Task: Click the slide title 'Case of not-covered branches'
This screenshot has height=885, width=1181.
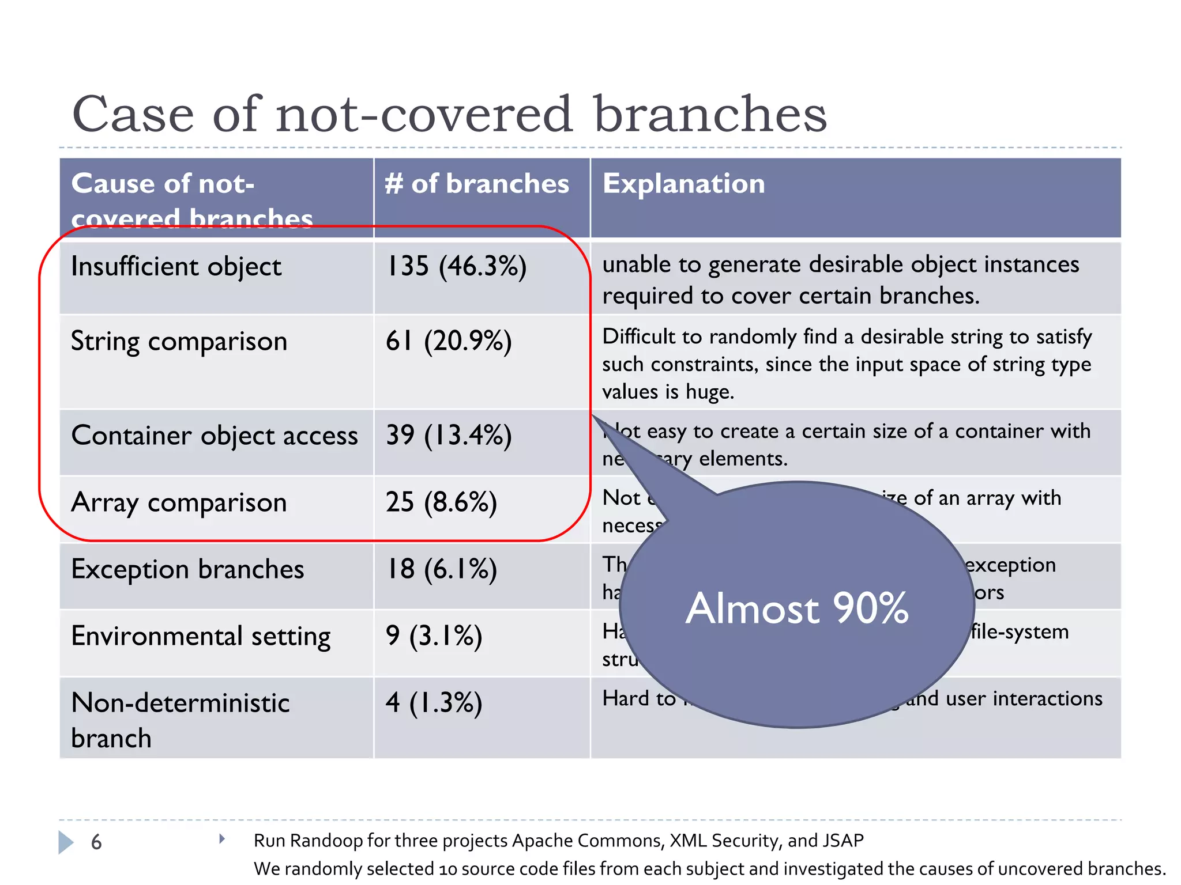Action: pyautogui.click(x=449, y=114)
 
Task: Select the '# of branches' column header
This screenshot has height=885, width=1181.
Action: pyautogui.click(x=477, y=184)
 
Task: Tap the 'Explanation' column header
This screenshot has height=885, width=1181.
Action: pyautogui.click(x=683, y=184)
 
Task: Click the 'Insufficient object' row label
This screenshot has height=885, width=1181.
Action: pyautogui.click(x=176, y=267)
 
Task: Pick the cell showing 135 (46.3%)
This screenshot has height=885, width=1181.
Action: pyautogui.click(x=456, y=267)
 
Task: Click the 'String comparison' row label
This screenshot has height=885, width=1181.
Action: pyautogui.click(x=179, y=341)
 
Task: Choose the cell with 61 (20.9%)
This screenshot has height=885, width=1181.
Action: pyautogui.click(x=449, y=341)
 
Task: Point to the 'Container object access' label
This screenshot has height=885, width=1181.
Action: pyautogui.click(x=215, y=436)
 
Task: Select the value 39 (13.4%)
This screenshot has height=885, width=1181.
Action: pyautogui.click(x=449, y=436)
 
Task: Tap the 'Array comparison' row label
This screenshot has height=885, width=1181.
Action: pyautogui.click(x=179, y=502)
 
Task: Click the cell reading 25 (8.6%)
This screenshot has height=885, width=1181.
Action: pyautogui.click(x=441, y=502)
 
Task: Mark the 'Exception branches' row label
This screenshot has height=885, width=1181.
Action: pyautogui.click(x=187, y=569)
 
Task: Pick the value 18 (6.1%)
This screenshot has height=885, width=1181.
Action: pyautogui.click(x=441, y=569)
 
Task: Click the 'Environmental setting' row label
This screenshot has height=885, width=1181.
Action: pyautogui.click(x=201, y=636)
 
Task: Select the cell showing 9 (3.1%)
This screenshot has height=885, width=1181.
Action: pyautogui.click(x=434, y=636)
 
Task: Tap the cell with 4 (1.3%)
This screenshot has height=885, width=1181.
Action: pyautogui.click(x=434, y=703)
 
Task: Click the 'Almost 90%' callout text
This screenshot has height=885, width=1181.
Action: pyautogui.click(x=797, y=608)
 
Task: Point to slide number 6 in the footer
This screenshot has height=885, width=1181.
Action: pyautogui.click(x=96, y=842)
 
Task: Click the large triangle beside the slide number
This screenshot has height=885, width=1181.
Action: pyautogui.click(x=66, y=842)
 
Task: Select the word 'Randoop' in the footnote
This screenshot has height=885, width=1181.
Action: pyautogui.click(x=326, y=841)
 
